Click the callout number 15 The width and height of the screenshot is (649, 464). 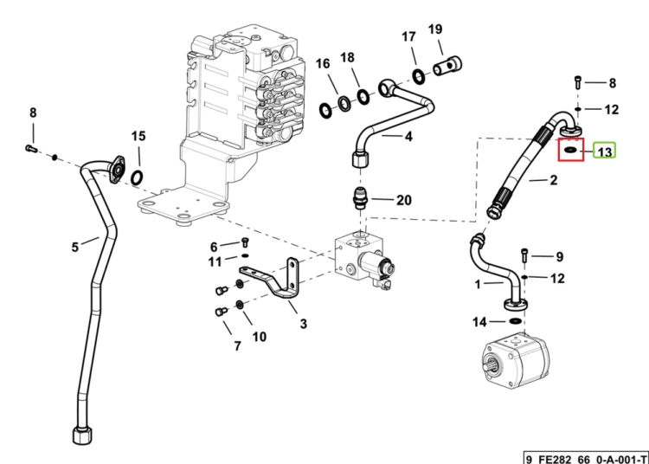click(x=138, y=136)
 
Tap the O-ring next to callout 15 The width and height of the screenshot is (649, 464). click(x=137, y=178)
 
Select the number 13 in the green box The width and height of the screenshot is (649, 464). click(x=605, y=151)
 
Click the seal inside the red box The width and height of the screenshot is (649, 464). click(x=571, y=150)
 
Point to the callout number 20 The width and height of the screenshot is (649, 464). click(x=404, y=200)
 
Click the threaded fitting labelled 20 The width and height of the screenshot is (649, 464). click(x=360, y=198)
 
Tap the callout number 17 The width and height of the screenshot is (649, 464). click(x=408, y=37)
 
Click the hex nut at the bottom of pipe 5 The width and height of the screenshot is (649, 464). click(x=82, y=435)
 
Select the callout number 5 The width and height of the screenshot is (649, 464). click(x=75, y=247)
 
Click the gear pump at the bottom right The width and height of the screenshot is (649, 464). click(x=516, y=361)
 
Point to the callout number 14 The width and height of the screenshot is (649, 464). click(x=479, y=322)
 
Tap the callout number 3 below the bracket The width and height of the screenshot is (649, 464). click(x=304, y=324)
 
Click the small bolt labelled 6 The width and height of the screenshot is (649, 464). click(x=245, y=242)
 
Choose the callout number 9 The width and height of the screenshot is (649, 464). click(x=560, y=256)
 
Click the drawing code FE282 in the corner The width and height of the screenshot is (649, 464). click(x=555, y=460)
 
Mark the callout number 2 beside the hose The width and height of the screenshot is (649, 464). click(x=554, y=180)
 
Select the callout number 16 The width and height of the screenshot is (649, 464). click(x=323, y=63)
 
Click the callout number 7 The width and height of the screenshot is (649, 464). click(x=237, y=345)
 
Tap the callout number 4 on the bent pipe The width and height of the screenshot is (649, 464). click(x=408, y=136)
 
